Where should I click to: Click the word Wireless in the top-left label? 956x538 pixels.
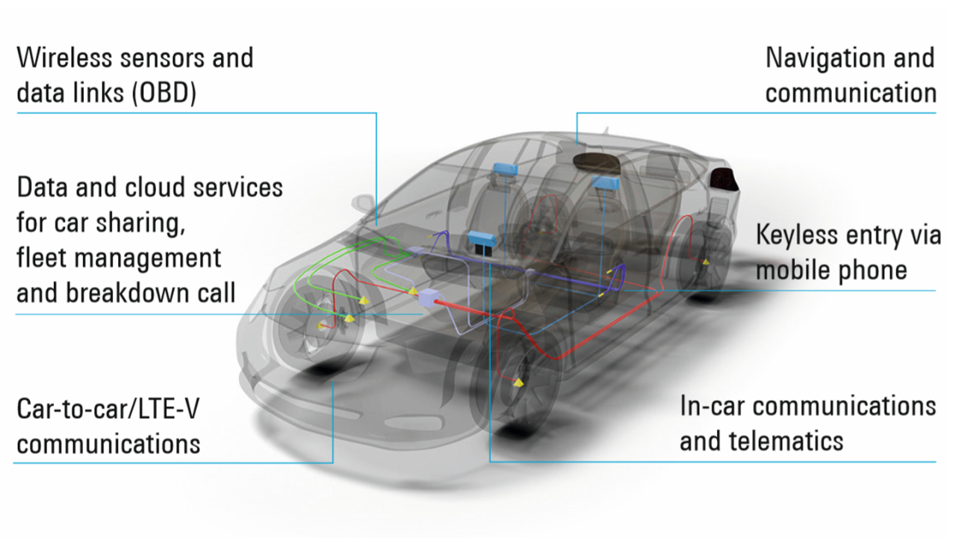click(x=66, y=58)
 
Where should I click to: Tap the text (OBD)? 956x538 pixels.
click(x=164, y=93)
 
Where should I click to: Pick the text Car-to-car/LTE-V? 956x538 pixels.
click(x=108, y=409)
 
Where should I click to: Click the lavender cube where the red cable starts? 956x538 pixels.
click(x=428, y=297)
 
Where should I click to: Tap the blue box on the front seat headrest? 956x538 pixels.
click(x=506, y=169)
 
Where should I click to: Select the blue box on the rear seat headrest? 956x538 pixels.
click(x=605, y=183)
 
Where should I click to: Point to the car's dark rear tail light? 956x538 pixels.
click(x=724, y=179)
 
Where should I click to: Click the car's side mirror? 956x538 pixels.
click(x=364, y=203)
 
